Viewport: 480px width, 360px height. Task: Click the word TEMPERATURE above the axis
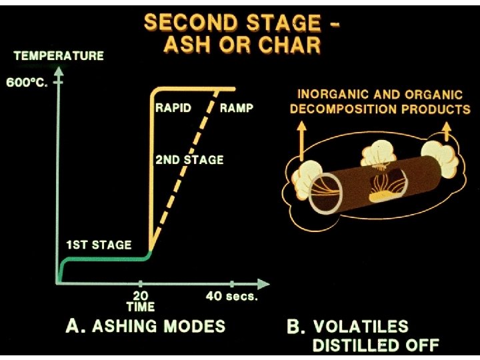(59, 56)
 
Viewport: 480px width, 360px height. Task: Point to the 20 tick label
(140, 295)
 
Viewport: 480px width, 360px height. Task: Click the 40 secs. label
(231, 297)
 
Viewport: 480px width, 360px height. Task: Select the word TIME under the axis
(140, 307)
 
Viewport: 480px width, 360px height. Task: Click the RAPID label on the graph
(174, 107)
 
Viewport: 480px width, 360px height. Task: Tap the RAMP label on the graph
(236, 107)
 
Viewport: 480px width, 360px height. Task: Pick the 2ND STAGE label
(189, 160)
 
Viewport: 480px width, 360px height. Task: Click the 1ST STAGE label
(98, 244)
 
